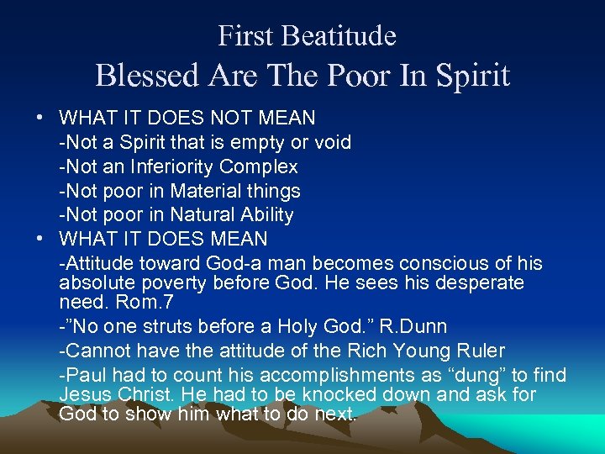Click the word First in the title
(245, 36)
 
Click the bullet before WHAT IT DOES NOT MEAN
(40, 119)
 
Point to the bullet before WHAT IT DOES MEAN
(40, 240)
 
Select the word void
(333, 142)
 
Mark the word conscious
(439, 264)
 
